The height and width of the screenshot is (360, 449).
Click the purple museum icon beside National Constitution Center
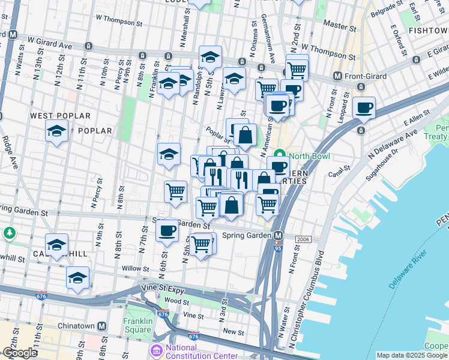(x=156, y=350)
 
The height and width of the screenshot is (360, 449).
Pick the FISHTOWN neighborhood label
(x=427, y=30)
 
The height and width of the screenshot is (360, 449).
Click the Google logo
(x=20, y=353)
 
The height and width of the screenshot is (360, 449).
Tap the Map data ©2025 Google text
(x=412, y=355)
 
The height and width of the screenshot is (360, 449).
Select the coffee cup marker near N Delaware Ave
(x=364, y=108)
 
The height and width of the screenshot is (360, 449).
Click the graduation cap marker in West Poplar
(x=57, y=131)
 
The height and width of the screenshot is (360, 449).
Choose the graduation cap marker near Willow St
(x=78, y=278)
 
